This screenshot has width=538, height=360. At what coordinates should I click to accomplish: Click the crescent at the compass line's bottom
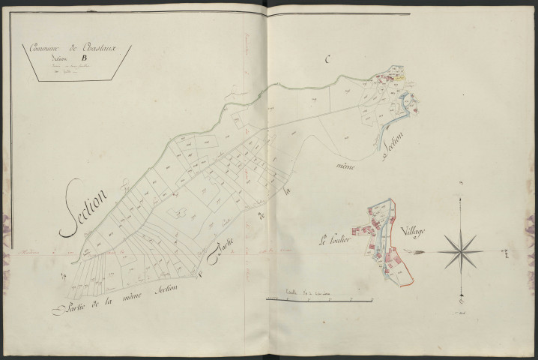(x=456, y=298)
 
